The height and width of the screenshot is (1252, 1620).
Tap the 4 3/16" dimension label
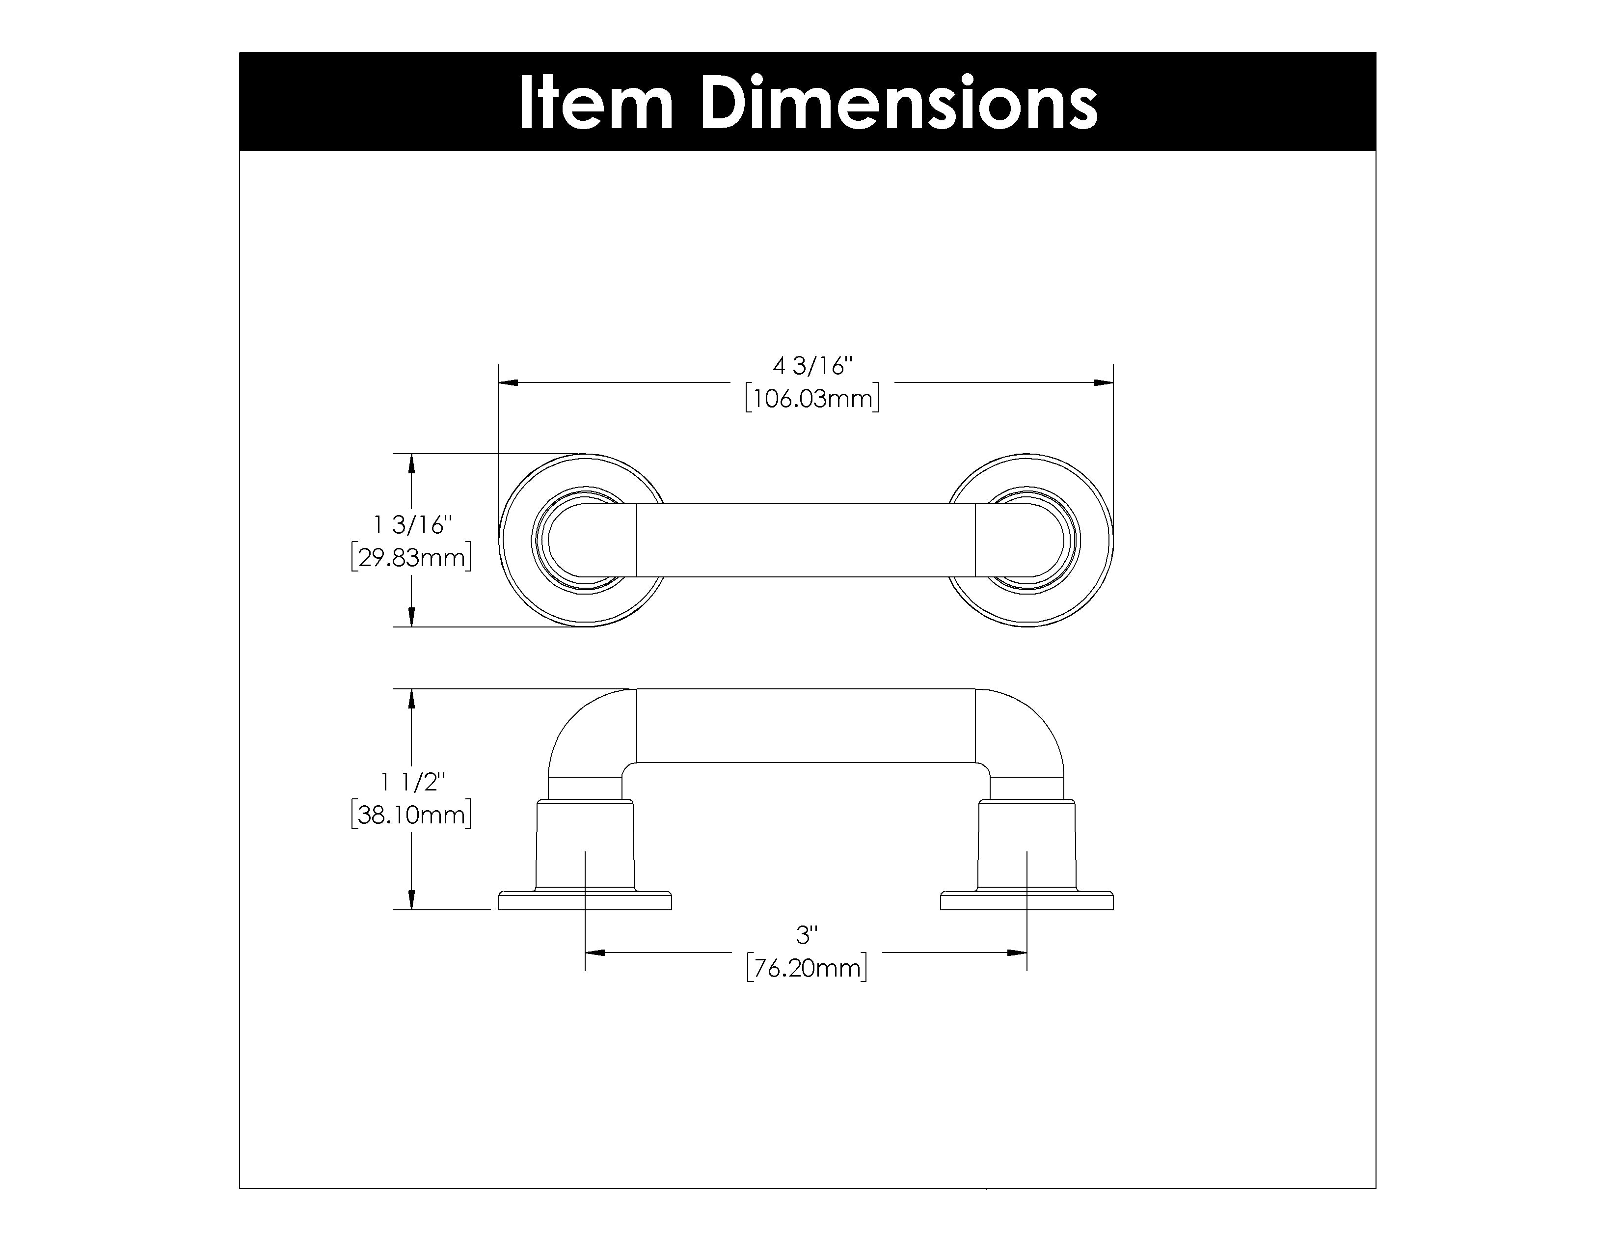813,366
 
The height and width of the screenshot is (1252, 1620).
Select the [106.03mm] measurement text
812,399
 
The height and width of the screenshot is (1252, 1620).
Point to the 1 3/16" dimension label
412,525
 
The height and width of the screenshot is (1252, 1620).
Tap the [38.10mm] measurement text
412,815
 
